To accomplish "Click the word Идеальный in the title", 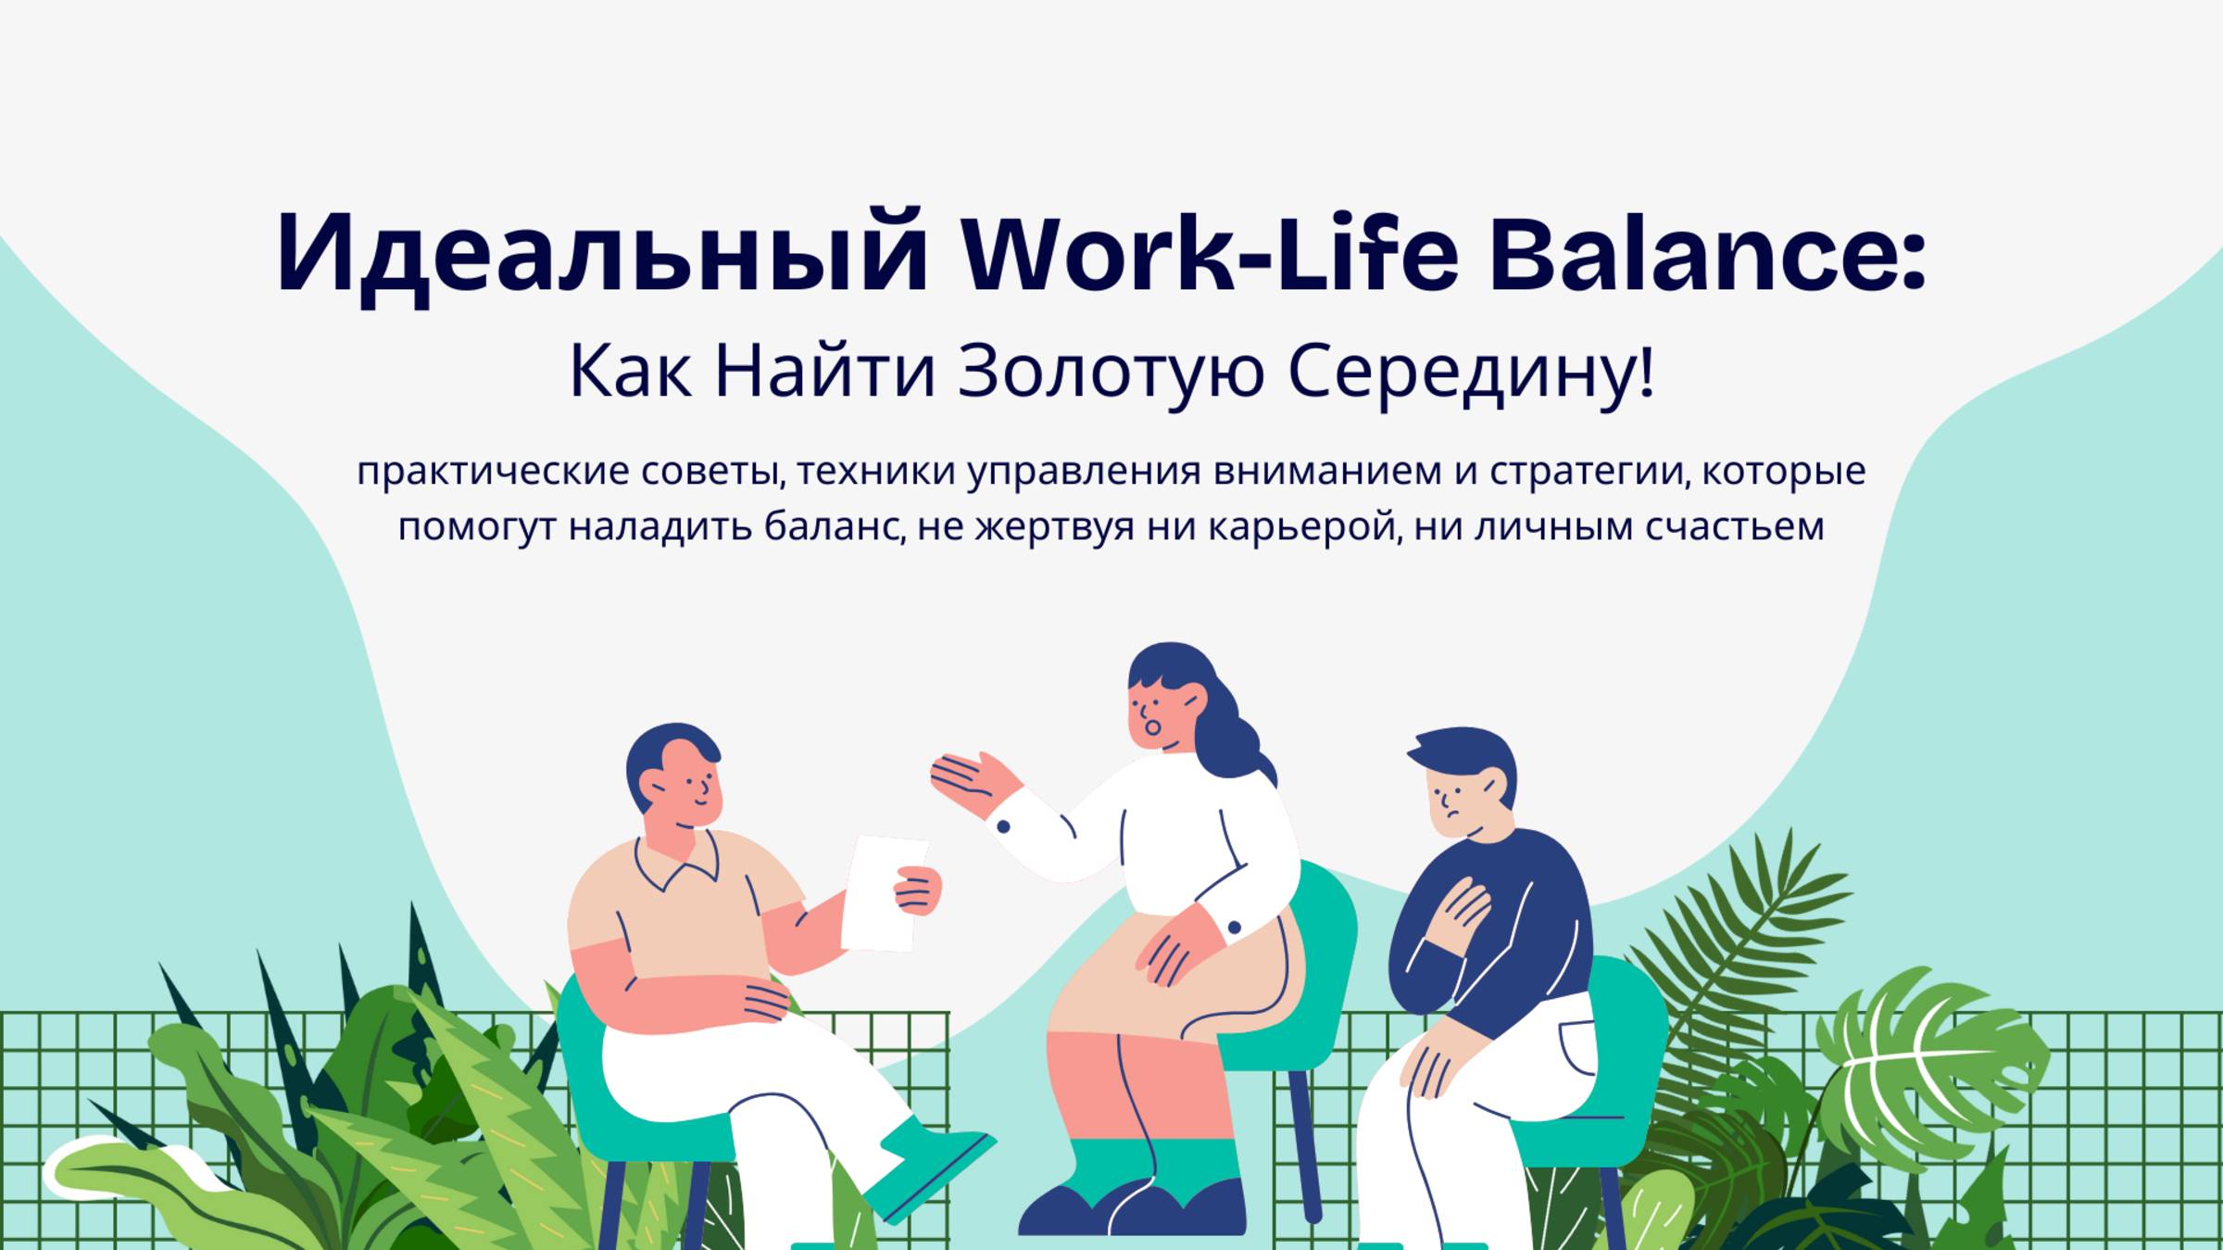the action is click(x=602, y=254).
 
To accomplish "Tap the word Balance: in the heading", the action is click(x=1708, y=252).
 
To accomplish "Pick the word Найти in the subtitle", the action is click(x=824, y=371).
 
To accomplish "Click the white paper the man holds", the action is click(x=882, y=892).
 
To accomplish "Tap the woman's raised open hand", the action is click(x=974, y=784).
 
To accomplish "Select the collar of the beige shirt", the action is click(x=677, y=860).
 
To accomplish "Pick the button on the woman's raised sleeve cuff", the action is click(x=1003, y=826).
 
